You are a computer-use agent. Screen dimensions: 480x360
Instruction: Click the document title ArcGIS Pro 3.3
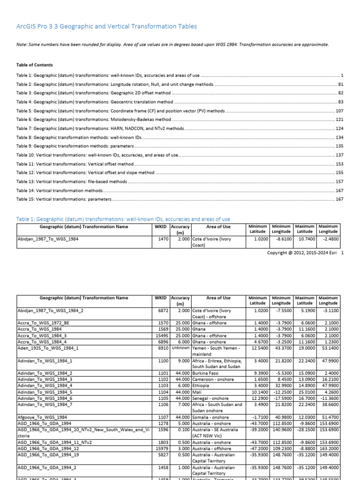click(106, 27)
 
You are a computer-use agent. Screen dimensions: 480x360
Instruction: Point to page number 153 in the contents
click(340, 164)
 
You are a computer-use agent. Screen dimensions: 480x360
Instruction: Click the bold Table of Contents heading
click(35, 65)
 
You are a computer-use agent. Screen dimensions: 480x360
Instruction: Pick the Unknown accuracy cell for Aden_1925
click(180, 348)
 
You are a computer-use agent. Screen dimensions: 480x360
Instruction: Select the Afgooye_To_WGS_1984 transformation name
click(42, 417)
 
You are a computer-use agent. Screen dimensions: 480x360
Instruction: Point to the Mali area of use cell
click(197, 391)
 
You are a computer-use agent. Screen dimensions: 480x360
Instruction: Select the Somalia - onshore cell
click(210, 417)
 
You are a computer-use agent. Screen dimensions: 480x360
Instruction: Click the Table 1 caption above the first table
click(123, 219)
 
